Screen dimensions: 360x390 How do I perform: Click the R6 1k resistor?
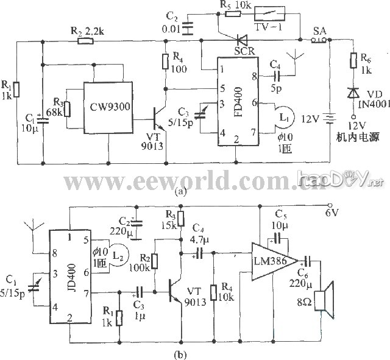tap(352, 61)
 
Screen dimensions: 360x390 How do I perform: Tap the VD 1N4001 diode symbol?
tap(352, 92)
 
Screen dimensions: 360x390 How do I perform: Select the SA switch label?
tap(319, 30)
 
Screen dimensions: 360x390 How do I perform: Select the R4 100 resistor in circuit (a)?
tap(165, 62)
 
